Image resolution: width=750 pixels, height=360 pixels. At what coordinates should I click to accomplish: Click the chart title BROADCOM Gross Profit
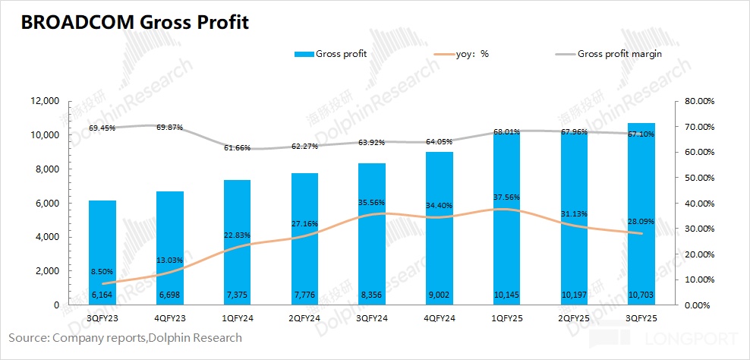click(x=135, y=23)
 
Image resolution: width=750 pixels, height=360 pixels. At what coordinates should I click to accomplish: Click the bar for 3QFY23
click(x=102, y=251)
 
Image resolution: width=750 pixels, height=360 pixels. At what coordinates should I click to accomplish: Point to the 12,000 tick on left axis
click(x=43, y=101)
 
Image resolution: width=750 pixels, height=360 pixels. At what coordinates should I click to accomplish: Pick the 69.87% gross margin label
click(x=170, y=128)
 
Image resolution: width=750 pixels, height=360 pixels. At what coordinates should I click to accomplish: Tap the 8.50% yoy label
click(x=102, y=271)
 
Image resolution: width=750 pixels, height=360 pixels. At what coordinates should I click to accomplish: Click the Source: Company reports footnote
click(x=125, y=337)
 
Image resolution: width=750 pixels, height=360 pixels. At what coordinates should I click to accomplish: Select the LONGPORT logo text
click(x=702, y=339)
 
